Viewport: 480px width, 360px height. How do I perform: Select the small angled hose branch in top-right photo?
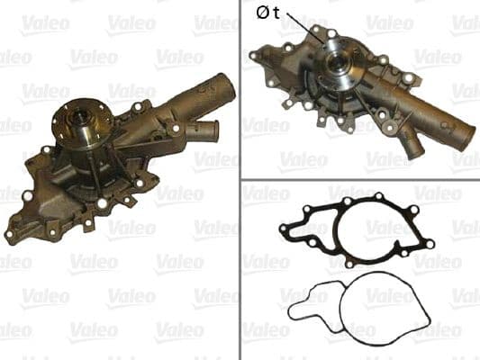[x=413, y=146]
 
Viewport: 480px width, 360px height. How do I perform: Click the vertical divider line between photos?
[x=240, y=180]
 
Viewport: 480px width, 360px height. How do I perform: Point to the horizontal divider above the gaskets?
[x=360, y=177]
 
